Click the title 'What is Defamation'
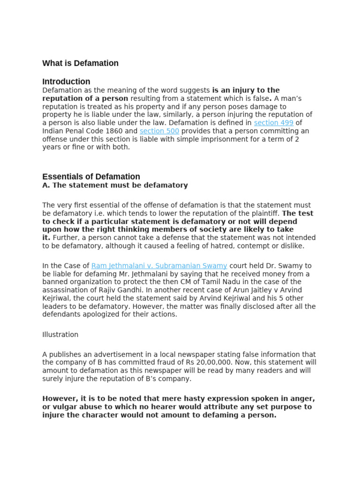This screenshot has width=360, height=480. tap(80, 63)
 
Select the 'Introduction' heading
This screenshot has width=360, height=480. tap(66, 82)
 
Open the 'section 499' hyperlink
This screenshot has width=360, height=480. tap(274, 123)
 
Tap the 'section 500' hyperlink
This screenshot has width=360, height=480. tap(159, 131)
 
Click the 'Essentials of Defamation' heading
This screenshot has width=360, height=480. tap(91, 177)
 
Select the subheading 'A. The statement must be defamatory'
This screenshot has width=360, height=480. tap(115, 185)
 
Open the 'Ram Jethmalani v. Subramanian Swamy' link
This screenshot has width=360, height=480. tap(159, 266)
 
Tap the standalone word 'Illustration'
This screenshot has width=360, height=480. tap(60, 335)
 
